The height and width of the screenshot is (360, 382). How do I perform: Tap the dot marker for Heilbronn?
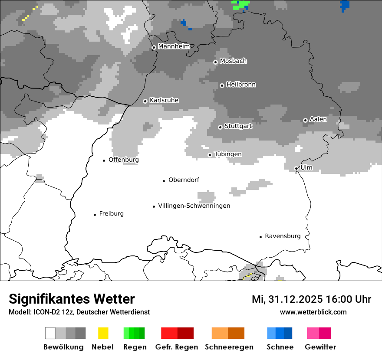pos(222,85)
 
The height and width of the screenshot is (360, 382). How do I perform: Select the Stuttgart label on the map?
pos(238,126)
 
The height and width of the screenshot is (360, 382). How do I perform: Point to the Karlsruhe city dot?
pos(145,101)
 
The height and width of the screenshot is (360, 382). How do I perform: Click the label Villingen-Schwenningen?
pos(194,206)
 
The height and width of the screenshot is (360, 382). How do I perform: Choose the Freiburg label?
pos(111,213)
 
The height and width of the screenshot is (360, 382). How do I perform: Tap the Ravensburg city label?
pos(283,236)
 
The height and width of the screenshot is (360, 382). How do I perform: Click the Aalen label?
pos(318,119)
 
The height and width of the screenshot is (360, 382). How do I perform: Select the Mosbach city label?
pos(233,61)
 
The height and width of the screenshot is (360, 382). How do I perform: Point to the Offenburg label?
pos(124,160)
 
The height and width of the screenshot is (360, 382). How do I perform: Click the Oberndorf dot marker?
pos(164,180)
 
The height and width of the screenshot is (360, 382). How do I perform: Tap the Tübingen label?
pos(228,154)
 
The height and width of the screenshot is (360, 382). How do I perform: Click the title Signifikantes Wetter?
pos(72,299)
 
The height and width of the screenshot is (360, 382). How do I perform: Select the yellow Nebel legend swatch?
pos(103,333)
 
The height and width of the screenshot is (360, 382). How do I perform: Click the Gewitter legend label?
pos(320,347)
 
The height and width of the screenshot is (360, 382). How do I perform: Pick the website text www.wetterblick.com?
pos(313,312)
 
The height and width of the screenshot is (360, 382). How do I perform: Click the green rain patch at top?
pos(240,5)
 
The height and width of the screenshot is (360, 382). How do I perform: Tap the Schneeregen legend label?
pos(229,347)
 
